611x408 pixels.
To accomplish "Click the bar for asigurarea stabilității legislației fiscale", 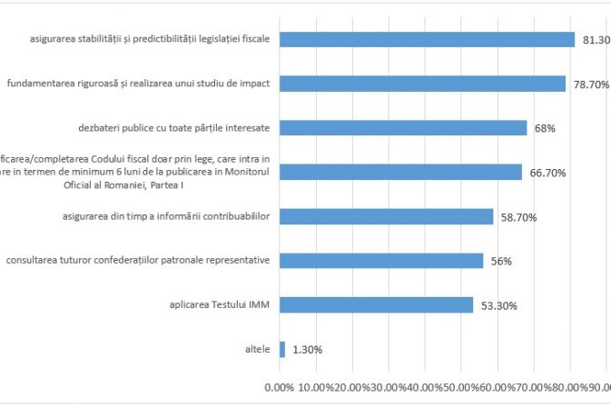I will coord(427,39).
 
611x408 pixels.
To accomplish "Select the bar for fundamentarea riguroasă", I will coord(422,84).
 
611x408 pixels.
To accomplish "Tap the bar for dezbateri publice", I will coord(403,127).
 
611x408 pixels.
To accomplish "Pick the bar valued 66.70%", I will coord(400,172).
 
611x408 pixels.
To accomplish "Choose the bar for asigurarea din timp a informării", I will coord(386,216).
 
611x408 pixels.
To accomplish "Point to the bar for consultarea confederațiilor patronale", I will coord(381,261).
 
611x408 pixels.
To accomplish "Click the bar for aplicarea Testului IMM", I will coord(376,304).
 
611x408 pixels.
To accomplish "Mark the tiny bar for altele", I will coord(282,349).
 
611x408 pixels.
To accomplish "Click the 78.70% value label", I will coord(590,85).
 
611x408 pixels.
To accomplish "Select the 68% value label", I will coord(545,128).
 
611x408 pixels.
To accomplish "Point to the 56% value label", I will coord(501,262).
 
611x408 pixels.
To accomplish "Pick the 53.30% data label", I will coord(498,305).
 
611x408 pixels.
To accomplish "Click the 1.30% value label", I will coord(307,350).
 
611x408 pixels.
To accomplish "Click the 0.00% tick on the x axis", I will coord(279,387).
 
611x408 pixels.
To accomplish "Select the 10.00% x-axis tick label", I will coord(314,387).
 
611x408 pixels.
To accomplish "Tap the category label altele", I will coord(257,349).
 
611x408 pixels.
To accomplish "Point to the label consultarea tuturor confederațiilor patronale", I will coord(137,261).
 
